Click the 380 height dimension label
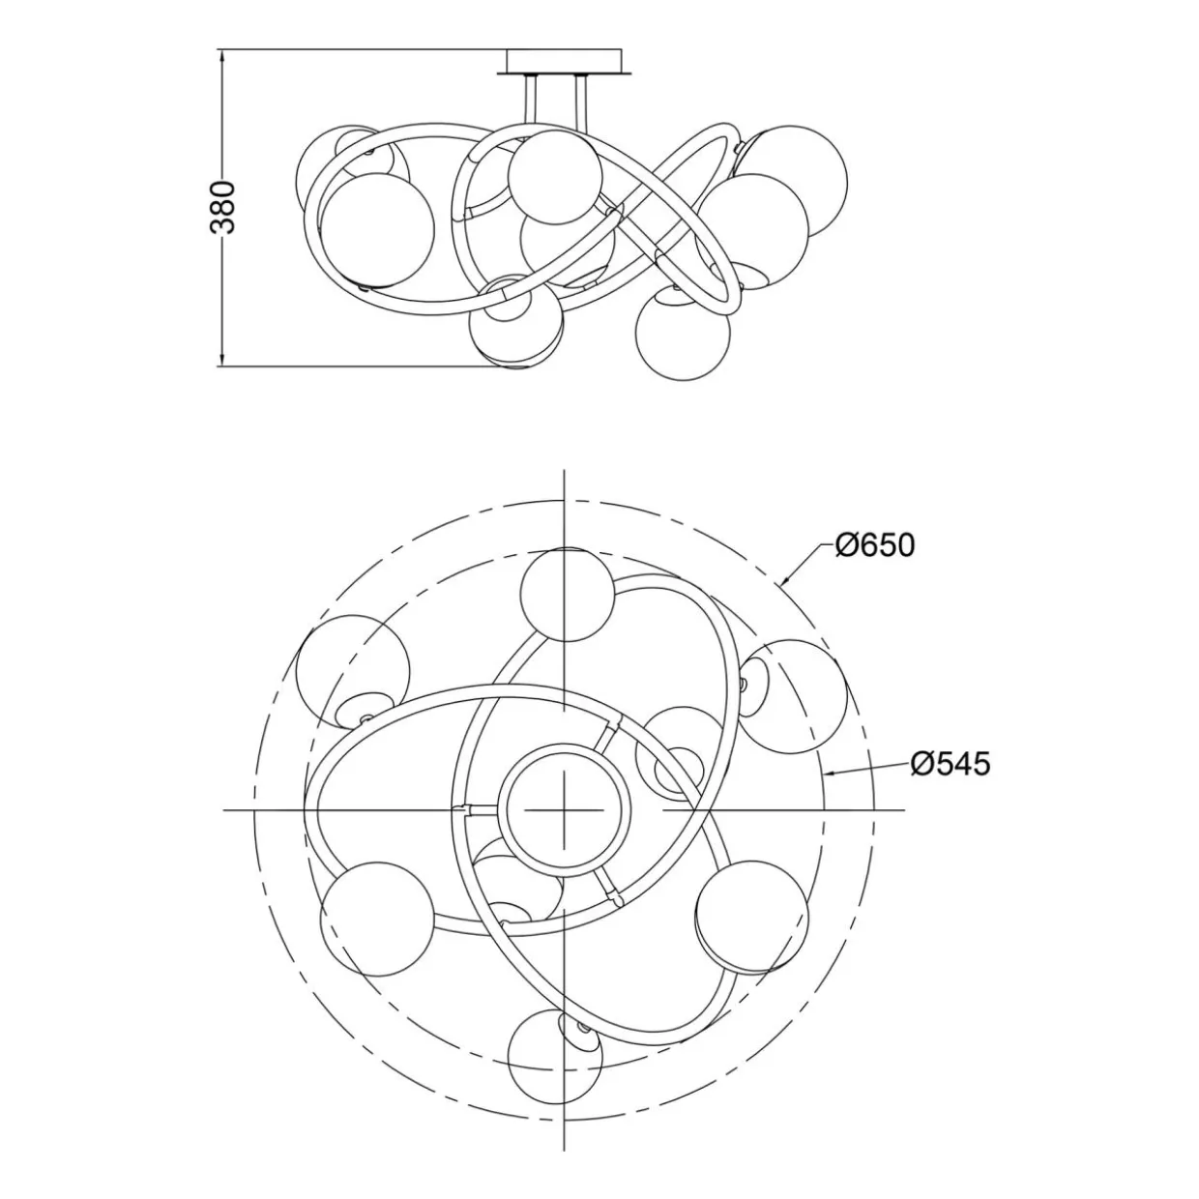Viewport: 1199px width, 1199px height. pos(223,207)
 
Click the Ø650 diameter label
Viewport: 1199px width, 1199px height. pos(875,545)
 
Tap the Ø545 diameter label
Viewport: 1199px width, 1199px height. pos(950,764)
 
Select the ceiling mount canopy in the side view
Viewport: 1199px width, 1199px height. pos(565,62)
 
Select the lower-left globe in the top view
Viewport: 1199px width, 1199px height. pos(377,919)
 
